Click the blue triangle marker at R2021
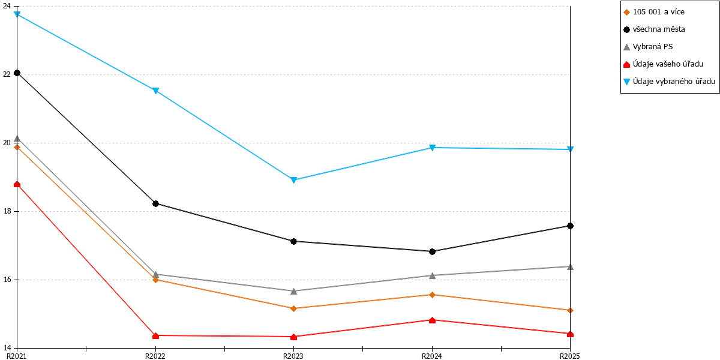click(x=17, y=14)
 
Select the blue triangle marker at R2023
click(x=293, y=180)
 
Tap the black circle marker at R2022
click(x=155, y=204)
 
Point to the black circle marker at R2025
click(x=570, y=226)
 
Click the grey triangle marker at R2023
click(x=293, y=291)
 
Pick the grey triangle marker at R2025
click(x=570, y=266)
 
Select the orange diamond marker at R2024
click(x=433, y=295)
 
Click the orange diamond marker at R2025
click(x=570, y=311)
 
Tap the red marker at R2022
click(x=155, y=335)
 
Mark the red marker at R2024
click(x=433, y=320)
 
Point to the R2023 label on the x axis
click(x=293, y=356)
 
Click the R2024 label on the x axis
click(x=431, y=356)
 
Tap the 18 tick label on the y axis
click(x=7, y=211)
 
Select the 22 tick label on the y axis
click(x=7, y=74)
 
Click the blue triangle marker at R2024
click(x=433, y=148)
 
